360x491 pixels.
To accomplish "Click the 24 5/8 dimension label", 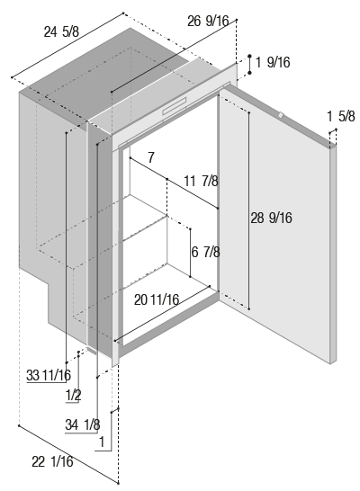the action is coord(61,32).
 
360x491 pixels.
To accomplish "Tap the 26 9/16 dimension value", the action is coord(208,21).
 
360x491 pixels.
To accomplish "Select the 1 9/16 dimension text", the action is coord(273,62).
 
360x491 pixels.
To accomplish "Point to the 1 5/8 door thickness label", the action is coord(341,116).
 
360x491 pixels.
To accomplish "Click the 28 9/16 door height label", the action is coord(271,218).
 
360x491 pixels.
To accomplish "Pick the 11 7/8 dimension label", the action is coord(201,181).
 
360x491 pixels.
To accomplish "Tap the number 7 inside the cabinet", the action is coord(151,157).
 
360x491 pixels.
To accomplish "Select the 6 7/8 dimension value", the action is coord(205,252).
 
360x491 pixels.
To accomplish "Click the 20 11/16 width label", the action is coord(157,299).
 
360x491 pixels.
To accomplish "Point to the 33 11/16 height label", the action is coord(49,375).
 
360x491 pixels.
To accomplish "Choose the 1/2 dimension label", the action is coord(73,395).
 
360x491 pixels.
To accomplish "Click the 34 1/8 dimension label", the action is coord(83,424).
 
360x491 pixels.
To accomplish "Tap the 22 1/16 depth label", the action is coord(52,461).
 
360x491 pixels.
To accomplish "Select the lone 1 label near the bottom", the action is coord(102,442).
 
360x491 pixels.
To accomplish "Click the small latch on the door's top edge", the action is coord(281,115).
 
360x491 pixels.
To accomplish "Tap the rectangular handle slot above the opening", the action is coord(175,106).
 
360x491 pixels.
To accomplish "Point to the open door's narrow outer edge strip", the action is coord(333,254).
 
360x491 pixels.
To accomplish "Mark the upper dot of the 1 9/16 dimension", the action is coord(249,56).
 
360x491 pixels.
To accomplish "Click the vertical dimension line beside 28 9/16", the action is coord(249,210).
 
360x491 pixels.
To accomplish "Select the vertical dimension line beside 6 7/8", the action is coord(190,253).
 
